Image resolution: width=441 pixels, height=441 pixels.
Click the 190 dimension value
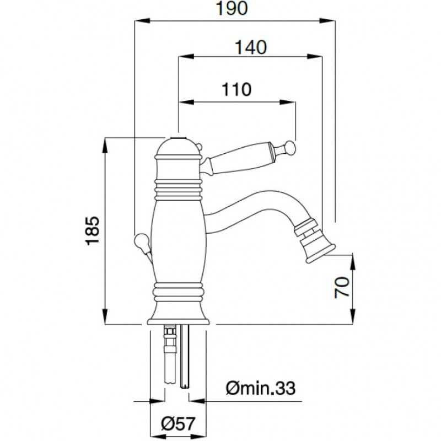(232, 9)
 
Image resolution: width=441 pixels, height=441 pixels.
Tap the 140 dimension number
(251, 47)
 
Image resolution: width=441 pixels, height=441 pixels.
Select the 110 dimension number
(236, 89)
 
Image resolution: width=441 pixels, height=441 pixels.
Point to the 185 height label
(93, 230)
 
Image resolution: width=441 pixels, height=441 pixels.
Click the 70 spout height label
(342, 287)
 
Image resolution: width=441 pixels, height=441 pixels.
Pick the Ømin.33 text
(260, 388)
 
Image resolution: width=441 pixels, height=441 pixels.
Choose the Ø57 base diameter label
(178, 423)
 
